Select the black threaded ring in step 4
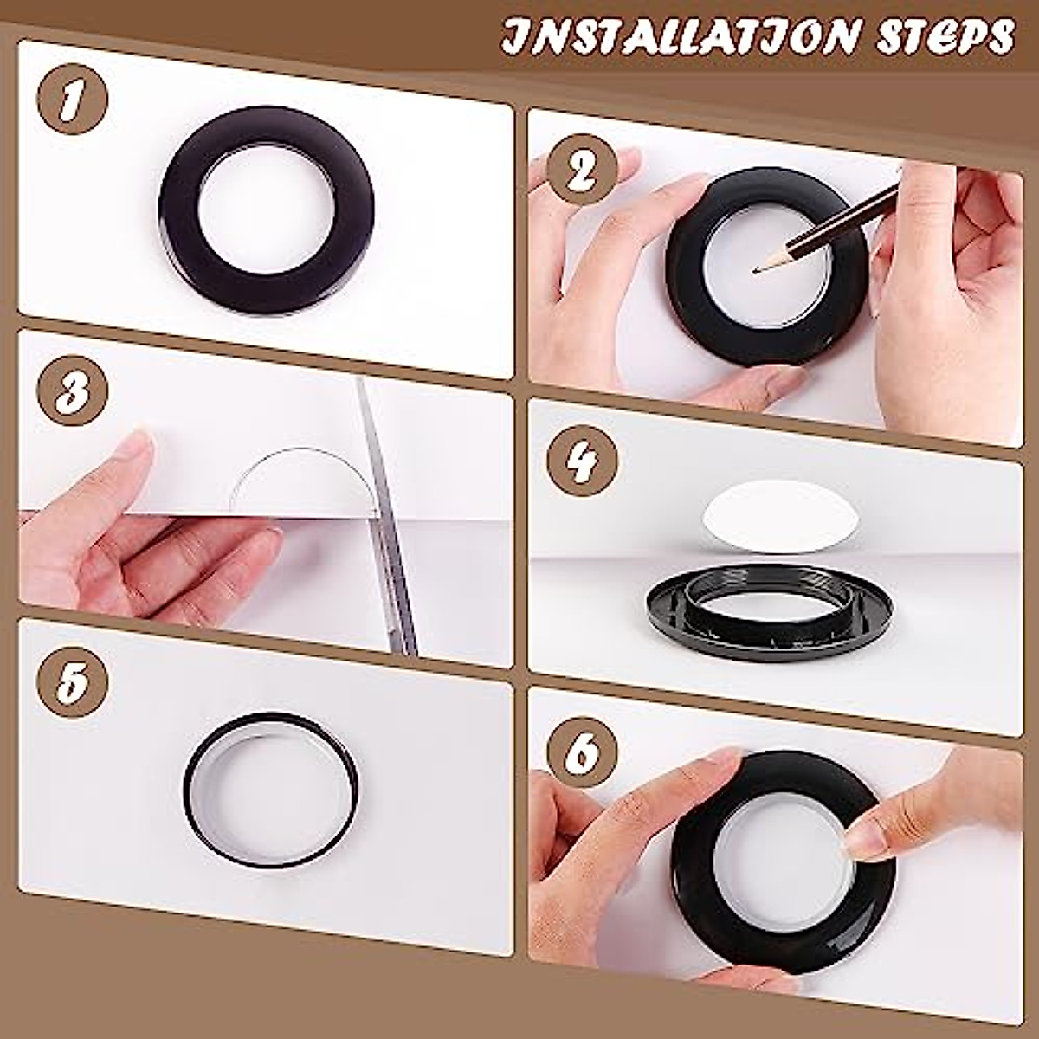(x=762, y=610)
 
